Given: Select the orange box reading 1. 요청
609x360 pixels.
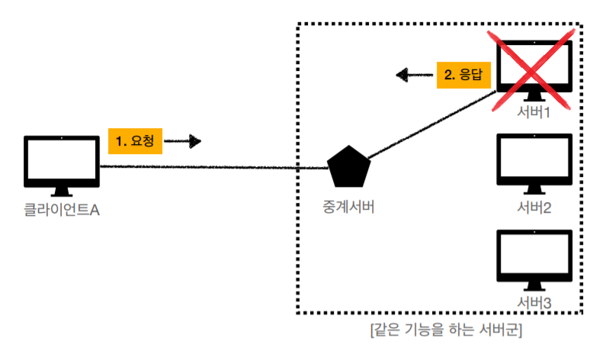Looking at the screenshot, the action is pyautogui.click(x=136, y=141).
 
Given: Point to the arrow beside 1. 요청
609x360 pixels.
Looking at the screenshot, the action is pyautogui.click(x=183, y=141).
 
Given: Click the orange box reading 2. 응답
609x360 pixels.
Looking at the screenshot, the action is pyautogui.click(x=463, y=75).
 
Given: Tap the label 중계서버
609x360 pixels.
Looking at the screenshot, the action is pyautogui.click(x=348, y=207).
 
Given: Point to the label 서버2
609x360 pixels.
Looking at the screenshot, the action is pyautogui.click(x=534, y=207).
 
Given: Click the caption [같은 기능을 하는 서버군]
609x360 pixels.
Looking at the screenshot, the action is pyautogui.click(x=445, y=331).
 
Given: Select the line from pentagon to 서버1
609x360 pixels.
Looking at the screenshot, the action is pyautogui.click(x=431, y=128).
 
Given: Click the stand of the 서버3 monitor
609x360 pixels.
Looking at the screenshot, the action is pyautogui.click(x=534, y=286).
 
